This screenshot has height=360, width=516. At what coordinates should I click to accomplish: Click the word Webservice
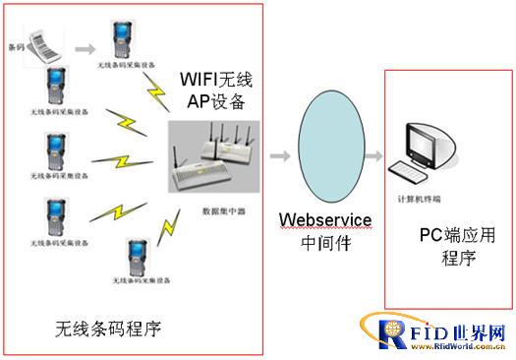pyautogui.click(x=326, y=218)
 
